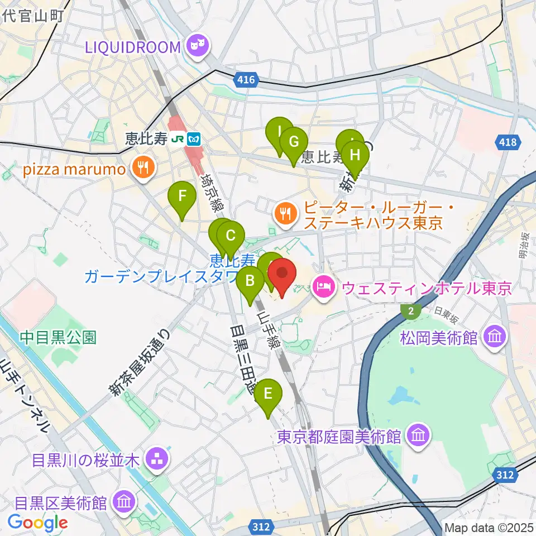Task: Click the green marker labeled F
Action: click(x=182, y=197)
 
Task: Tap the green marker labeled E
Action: click(x=268, y=395)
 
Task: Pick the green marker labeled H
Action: click(x=355, y=156)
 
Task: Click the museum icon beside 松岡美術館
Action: click(x=495, y=337)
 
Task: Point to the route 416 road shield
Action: click(x=246, y=80)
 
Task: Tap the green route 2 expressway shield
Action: click(x=411, y=311)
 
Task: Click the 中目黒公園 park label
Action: click(x=59, y=337)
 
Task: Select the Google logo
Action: click(x=38, y=523)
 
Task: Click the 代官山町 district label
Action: click(x=34, y=15)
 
